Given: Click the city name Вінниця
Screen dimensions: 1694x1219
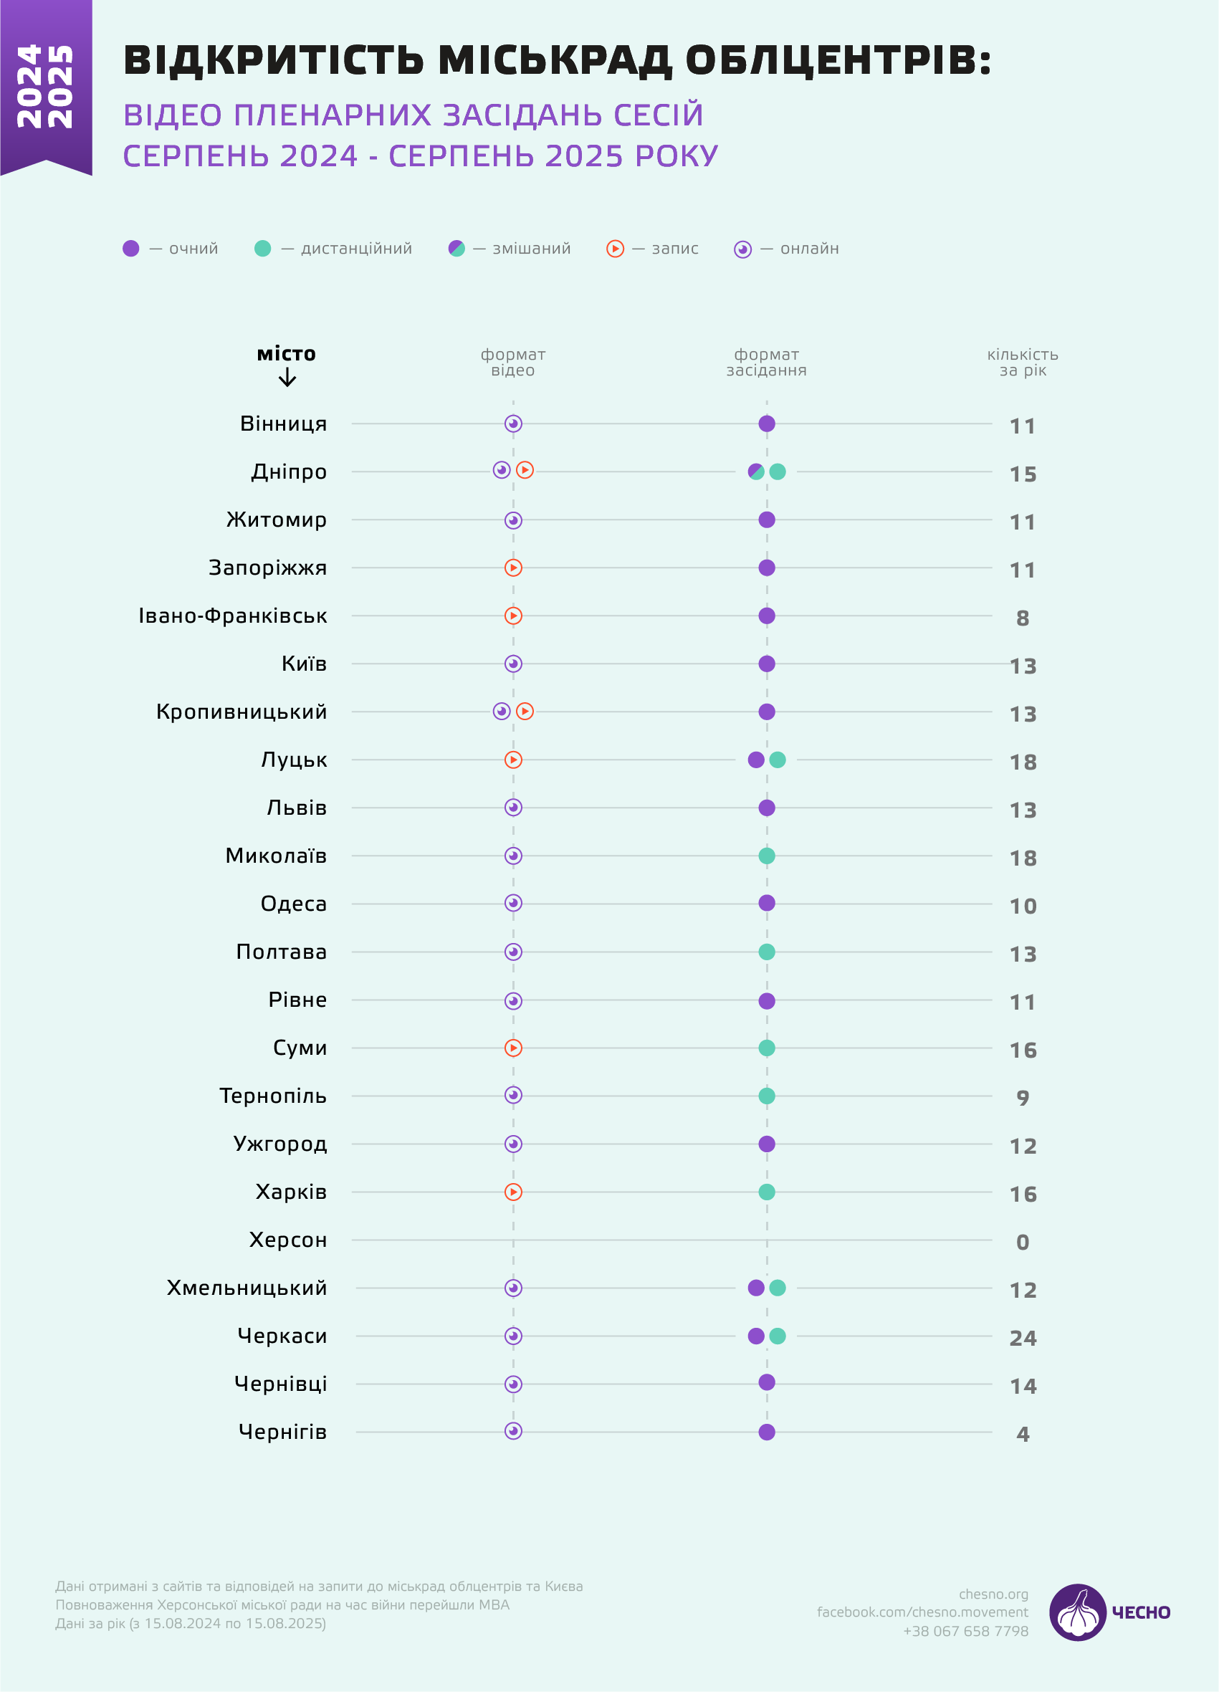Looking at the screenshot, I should [283, 424].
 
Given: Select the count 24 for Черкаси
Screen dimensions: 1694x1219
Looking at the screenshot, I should [1023, 1339].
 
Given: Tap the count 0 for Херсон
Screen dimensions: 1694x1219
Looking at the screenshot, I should [1023, 1242].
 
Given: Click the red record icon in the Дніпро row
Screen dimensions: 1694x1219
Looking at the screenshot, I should [525, 470].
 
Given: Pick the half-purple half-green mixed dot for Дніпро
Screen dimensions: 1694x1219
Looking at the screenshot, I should [756, 472].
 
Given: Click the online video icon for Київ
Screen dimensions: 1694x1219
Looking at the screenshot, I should [513, 664].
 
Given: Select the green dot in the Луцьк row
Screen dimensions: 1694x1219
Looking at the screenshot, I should [778, 760].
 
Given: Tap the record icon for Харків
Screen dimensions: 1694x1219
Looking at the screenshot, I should [513, 1192].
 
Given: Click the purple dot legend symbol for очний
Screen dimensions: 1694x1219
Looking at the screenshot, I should [130, 249].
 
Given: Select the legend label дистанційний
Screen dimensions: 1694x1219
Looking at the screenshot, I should [356, 249].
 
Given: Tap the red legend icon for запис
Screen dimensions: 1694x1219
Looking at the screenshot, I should [615, 249].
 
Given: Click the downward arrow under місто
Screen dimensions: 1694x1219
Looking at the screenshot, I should [287, 378].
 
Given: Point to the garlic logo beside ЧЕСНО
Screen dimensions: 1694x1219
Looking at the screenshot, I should [1077, 1612].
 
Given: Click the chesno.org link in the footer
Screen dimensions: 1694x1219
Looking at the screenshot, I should [993, 1594].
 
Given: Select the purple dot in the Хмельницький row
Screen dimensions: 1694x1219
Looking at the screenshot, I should [756, 1288].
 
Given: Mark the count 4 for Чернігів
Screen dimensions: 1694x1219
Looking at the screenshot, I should [1023, 1434].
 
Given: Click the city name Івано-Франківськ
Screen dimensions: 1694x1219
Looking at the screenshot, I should [233, 616].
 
